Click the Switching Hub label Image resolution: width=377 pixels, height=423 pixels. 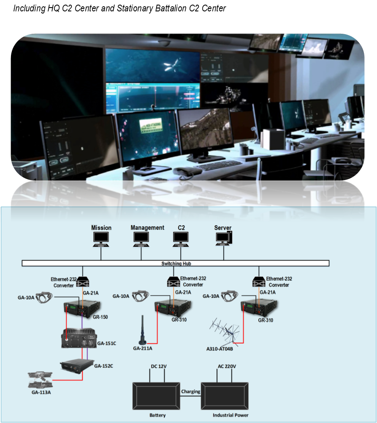coord(175,264)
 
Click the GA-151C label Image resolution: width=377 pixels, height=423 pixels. coord(106,343)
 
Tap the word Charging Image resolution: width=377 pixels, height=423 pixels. coord(190,391)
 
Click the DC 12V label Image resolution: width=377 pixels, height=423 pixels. coord(158,366)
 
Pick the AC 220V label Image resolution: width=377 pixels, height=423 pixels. coord(226,366)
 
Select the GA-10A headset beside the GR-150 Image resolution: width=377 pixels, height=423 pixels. coord(43,297)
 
